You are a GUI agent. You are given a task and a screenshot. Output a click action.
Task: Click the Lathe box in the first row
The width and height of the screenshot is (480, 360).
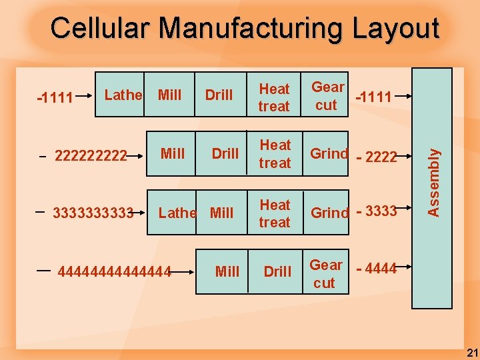point(123,95)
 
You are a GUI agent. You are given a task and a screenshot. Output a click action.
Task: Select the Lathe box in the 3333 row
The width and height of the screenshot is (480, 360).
point(177,213)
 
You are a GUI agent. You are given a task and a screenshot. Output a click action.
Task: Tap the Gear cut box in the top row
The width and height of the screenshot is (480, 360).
point(327,96)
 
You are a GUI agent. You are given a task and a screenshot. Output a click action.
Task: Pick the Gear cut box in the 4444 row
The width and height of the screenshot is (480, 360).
point(325,274)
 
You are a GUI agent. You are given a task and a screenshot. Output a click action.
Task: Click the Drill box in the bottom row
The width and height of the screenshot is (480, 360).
point(277,271)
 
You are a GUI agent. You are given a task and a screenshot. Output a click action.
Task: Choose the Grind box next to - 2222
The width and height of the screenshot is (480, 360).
point(329,154)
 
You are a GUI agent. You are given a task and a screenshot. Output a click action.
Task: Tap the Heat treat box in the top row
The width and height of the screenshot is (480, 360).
point(275,97)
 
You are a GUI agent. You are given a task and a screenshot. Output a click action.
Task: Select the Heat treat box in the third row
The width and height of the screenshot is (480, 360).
point(275,213)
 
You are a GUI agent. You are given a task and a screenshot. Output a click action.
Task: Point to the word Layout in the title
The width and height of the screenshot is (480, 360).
point(395,29)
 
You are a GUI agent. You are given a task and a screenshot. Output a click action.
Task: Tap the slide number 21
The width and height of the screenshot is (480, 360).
point(470,352)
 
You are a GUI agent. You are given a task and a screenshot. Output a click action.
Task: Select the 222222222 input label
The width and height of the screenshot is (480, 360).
point(91,155)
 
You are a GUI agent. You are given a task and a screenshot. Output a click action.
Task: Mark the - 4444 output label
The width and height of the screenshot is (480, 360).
point(377,269)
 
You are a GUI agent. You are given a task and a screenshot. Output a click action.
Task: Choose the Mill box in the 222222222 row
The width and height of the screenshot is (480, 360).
point(173,154)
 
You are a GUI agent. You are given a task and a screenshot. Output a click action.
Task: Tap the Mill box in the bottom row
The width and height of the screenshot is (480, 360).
point(227,271)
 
